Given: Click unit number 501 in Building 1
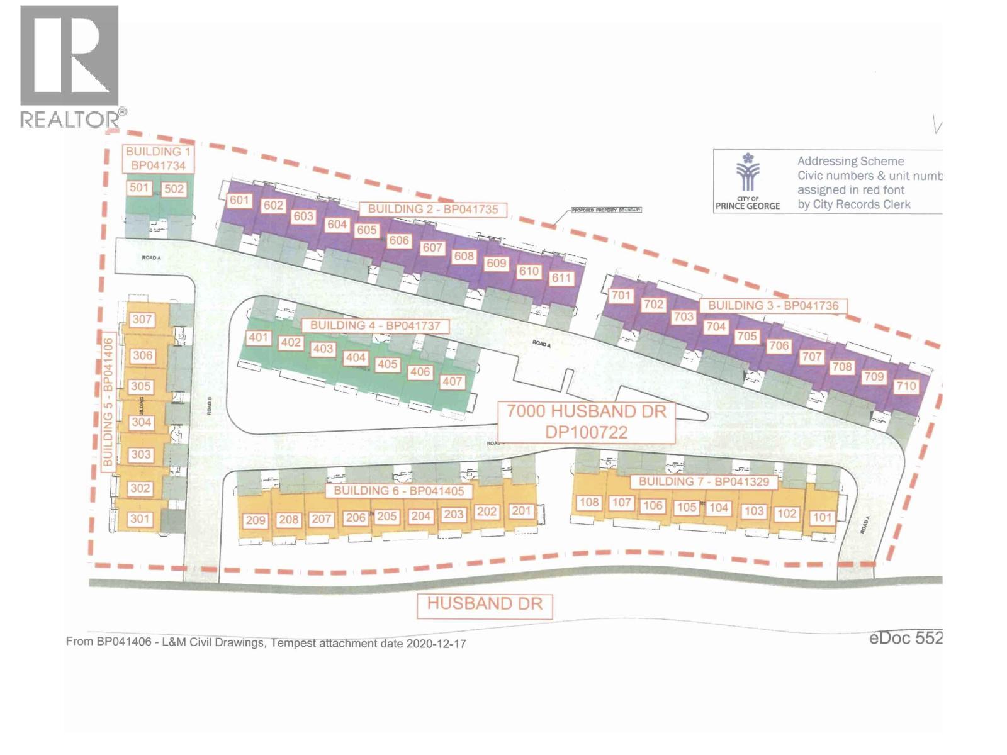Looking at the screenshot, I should pos(138,187).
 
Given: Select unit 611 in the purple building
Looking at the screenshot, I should pos(561,278).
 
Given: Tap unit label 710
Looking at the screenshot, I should pos(906,386).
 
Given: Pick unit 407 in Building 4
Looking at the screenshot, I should pos(452,381).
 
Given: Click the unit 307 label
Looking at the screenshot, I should pos(142,320).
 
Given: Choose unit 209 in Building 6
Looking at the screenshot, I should pos(256,520).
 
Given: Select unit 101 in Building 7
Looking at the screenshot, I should pos(822,517).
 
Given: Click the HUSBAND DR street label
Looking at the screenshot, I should pos(485,604).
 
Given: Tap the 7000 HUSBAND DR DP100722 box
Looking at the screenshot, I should pos(586,422).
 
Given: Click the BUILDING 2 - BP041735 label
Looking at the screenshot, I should pos(433,209).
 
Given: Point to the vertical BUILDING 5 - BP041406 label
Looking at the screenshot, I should pos(108,403).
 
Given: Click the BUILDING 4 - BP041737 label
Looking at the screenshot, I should pos(375,325).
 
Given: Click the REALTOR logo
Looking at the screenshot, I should pos(70,66).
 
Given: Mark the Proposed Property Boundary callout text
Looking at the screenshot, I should pos(605,210).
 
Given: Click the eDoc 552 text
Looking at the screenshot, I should pos(906,638).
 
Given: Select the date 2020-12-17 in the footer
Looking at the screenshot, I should pos(436,644).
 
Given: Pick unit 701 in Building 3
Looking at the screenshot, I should pos(621,295).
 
